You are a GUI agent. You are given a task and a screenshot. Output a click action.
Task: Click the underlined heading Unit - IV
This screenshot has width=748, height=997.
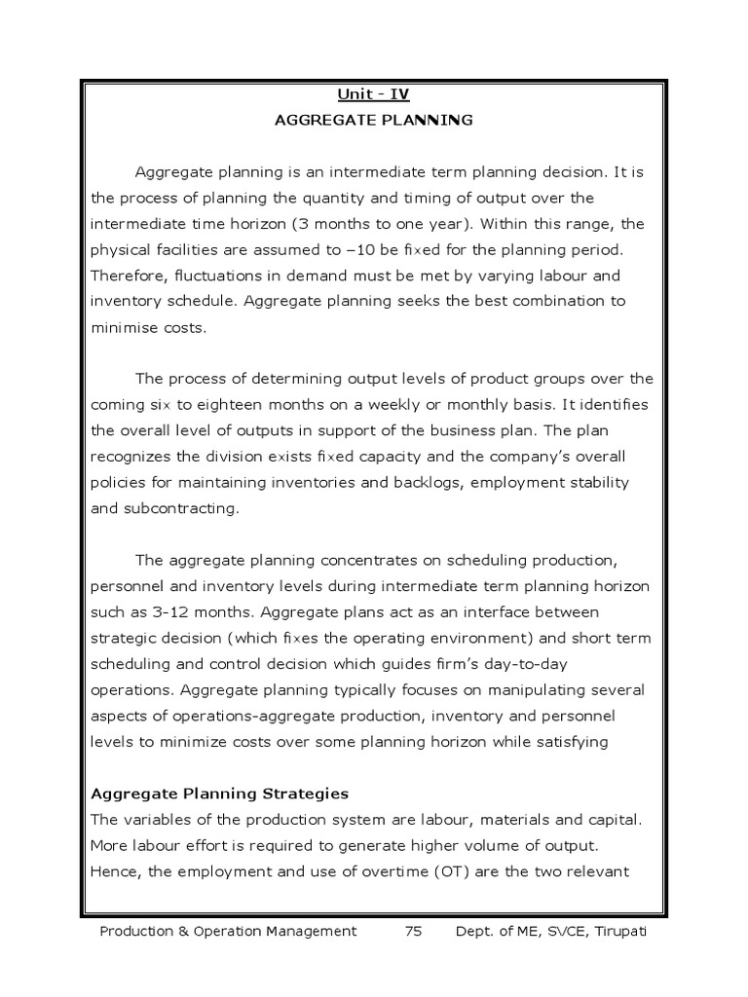374,94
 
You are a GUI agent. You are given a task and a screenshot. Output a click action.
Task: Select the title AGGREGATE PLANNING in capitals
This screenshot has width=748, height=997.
374,121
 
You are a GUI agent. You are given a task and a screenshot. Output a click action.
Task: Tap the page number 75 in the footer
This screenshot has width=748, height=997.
413,932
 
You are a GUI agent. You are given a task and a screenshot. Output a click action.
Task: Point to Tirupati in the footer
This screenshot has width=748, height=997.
617,932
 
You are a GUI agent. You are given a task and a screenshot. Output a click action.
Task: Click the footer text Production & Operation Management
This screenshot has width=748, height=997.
229,932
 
